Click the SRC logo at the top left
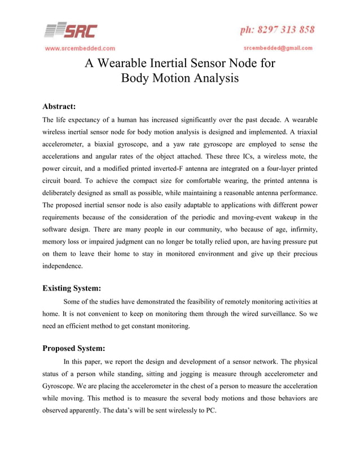click(71, 29)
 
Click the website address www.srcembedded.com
click(81, 48)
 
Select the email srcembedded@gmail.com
click(278, 48)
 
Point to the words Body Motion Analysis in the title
click(180, 79)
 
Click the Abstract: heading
click(59, 106)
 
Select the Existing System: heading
click(72, 288)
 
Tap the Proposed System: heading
click(74, 349)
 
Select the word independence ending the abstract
click(63, 265)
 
